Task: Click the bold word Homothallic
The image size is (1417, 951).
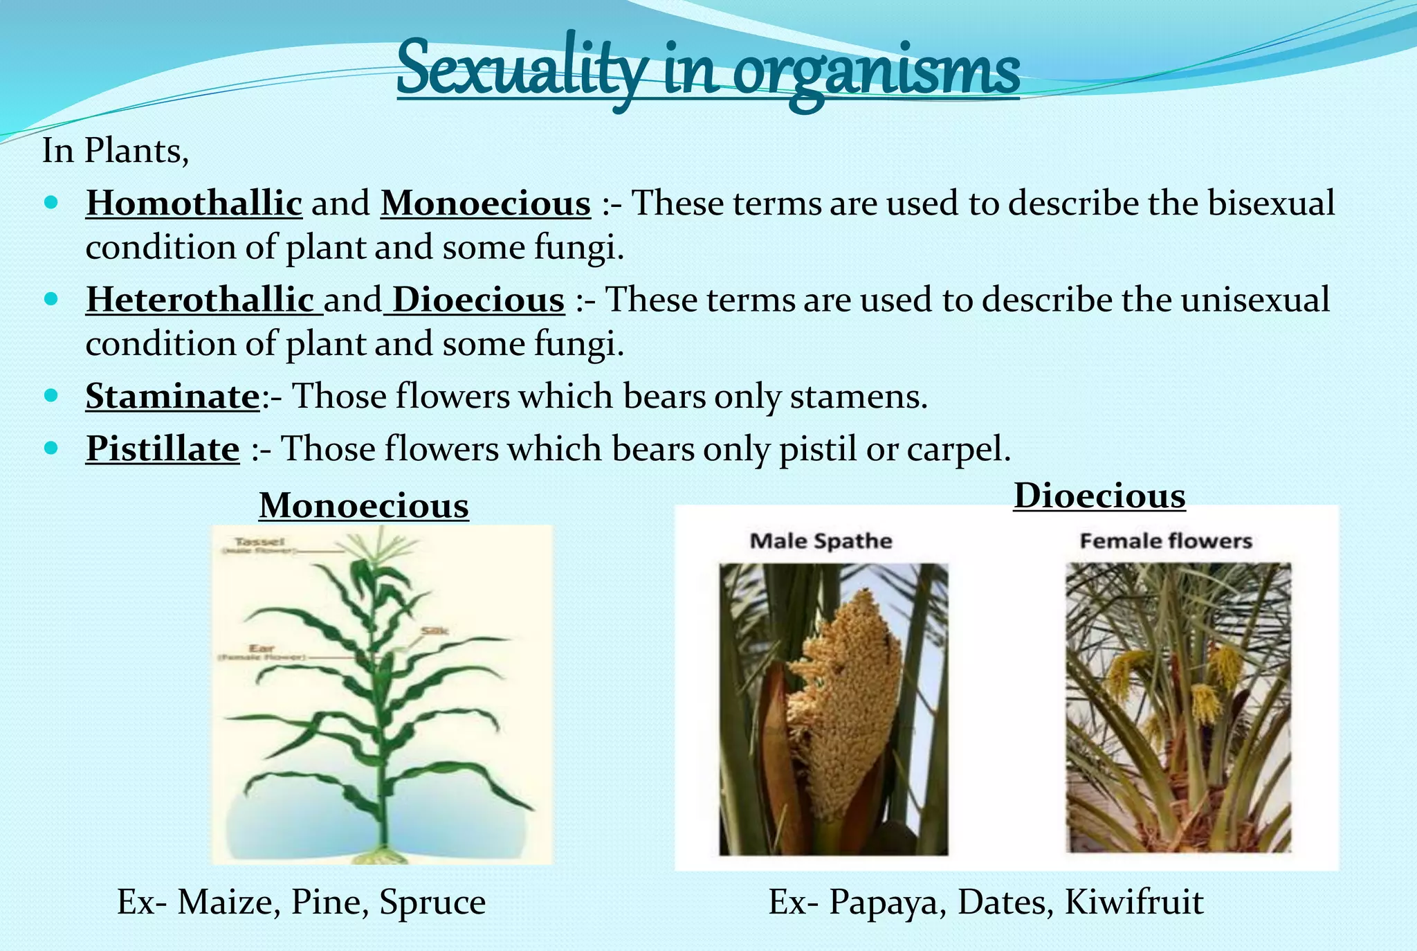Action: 194,203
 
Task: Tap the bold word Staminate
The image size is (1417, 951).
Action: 172,397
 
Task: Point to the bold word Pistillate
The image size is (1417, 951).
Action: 163,449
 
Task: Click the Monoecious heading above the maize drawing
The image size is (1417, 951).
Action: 364,506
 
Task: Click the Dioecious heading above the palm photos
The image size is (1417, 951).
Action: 1099,496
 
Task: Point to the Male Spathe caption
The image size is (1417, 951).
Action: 821,541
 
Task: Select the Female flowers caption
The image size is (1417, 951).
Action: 1166,541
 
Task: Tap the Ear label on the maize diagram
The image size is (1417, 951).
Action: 262,649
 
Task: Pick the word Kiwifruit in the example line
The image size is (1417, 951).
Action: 1134,902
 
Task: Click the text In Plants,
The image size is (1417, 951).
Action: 116,151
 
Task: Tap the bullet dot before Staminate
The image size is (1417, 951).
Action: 51,396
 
